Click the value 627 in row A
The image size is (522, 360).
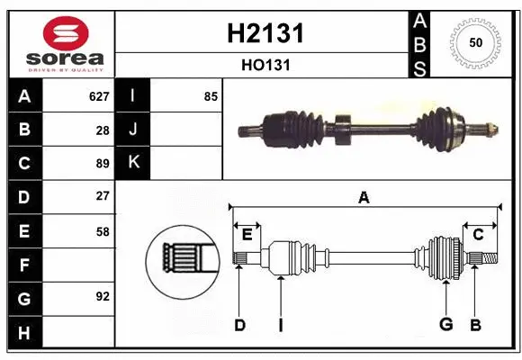[x=98, y=95]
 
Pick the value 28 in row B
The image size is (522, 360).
[x=102, y=130]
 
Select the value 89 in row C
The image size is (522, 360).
[x=102, y=164]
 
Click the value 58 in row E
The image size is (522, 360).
[x=102, y=230]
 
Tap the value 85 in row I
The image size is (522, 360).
[x=211, y=95]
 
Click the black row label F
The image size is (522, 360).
[x=23, y=265]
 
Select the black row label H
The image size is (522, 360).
[x=23, y=333]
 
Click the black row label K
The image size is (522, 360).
[x=133, y=163]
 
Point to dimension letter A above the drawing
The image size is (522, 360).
[x=364, y=197]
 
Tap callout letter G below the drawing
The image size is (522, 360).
[x=445, y=325]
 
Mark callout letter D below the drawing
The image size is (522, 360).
[x=239, y=325]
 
